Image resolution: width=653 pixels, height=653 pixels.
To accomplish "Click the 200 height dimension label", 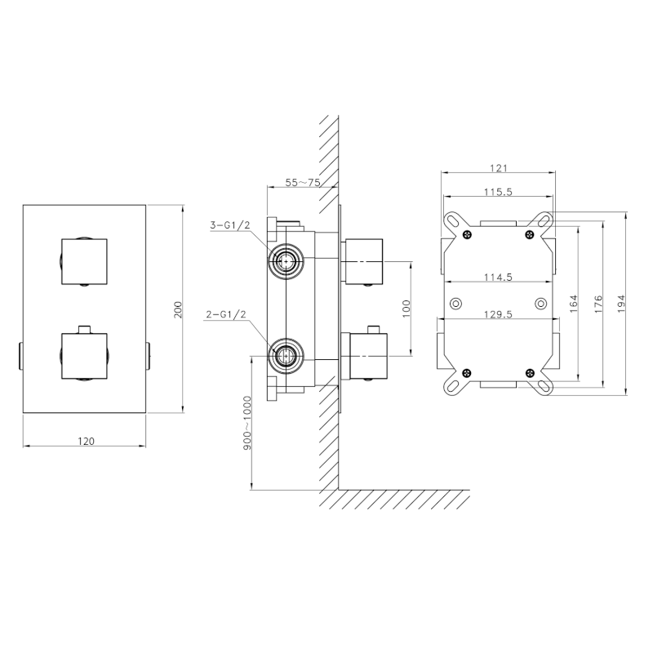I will pyautogui.click(x=178, y=310).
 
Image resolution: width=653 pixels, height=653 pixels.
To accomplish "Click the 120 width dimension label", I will pyautogui.click(x=86, y=440).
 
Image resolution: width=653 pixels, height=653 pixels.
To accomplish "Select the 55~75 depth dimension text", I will pyautogui.click(x=302, y=183).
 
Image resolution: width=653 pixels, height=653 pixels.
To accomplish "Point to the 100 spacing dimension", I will pyautogui.click(x=405, y=309).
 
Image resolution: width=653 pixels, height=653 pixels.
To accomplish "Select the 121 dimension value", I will pyautogui.click(x=500, y=168).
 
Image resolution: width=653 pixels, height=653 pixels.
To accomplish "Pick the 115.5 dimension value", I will pyautogui.click(x=497, y=192).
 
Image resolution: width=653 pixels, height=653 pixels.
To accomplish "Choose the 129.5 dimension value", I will pyautogui.click(x=497, y=316).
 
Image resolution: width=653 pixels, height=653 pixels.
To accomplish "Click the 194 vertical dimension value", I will pyautogui.click(x=622, y=303).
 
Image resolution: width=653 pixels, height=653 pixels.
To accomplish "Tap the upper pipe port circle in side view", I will pyautogui.click(x=285, y=261).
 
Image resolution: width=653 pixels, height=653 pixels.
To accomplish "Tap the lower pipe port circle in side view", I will pyautogui.click(x=285, y=355).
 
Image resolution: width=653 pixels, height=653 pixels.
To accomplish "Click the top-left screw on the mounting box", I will pyautogui.click(x=466, y=236).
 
